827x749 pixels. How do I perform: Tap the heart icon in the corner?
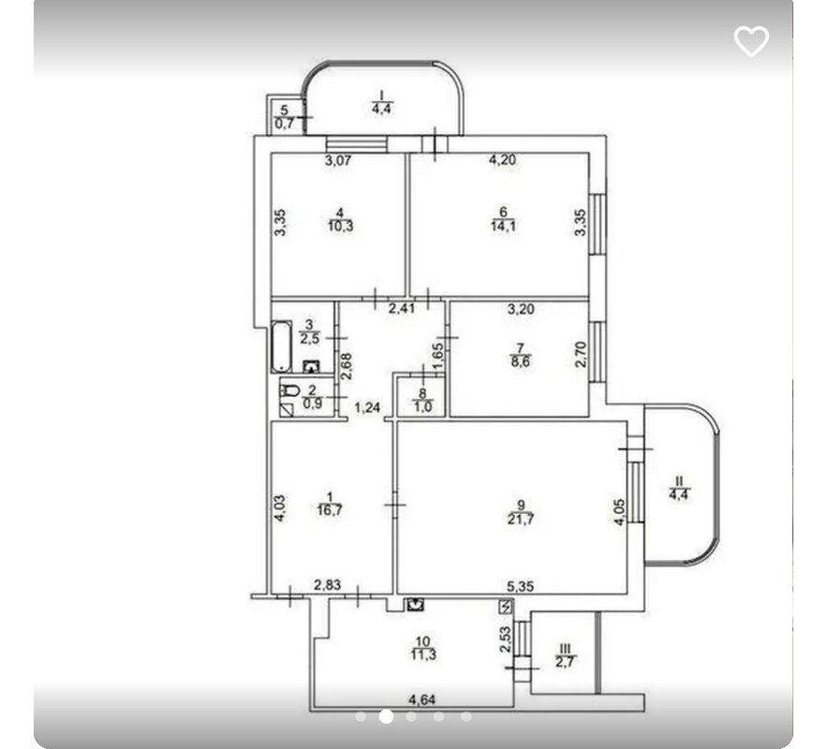pyautogui.click(x=751, y=40)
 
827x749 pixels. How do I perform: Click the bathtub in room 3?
pyautogui.click(x=281, y=345)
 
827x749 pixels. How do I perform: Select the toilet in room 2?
pyautogui.click(x=289, y=390)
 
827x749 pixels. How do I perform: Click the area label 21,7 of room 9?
pyautogui.click(x=521, y=519)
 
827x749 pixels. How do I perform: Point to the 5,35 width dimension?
pyautogui.click(x=521, y=585)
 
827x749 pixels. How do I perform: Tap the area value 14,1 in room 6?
pyautogui.click(x=503, y=227)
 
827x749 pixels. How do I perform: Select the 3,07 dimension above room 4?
pyautogui.click(x=337, y=160)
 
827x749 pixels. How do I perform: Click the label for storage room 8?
pyautogui.click(x=422, y=400)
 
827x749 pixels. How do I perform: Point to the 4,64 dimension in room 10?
pyautogui.click(x=423, y=700)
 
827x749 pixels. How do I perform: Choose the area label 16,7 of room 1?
pyautogui.click(x=331, y=509)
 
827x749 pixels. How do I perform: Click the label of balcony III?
pyautogui.click(x=565, y=654)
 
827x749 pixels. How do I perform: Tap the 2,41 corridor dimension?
pyautogui.click(x=402, y=308)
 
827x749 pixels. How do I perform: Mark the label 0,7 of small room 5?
pyautogui.click(x=285, y=124)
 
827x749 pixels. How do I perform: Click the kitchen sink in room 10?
pyautogui.click(x=416, y=604)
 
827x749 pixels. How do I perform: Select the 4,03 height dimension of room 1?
pyautogui.click(x=280, y=508)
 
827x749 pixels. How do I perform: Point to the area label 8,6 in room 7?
pyautogui.click(x=521, y=361)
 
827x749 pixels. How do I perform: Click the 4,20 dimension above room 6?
pyautogui.click(x=502, y=160)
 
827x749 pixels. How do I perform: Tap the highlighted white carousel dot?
pyautogui.click(x=386, y=716)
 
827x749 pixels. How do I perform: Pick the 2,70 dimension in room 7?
pyautogui.click(x=581, y=355)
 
